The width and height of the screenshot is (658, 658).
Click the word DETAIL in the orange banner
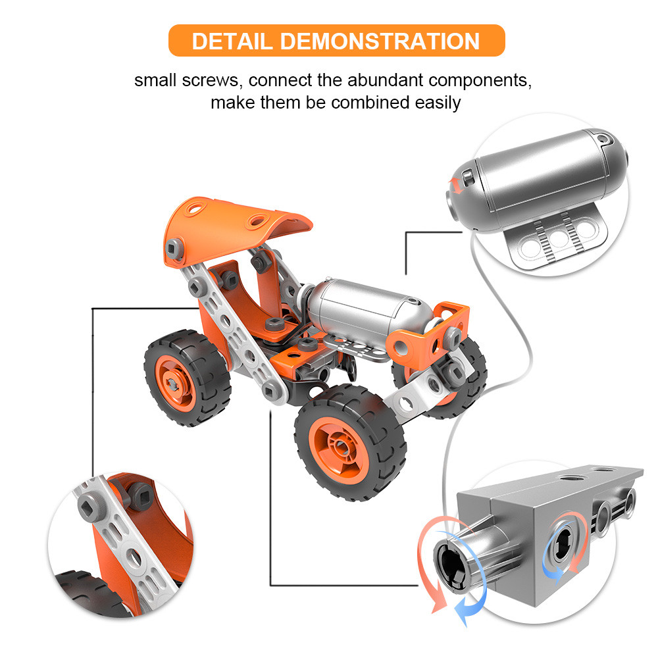point(232,41)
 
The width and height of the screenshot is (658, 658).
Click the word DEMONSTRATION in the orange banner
point(380,41)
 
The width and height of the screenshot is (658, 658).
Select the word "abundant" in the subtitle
point(385,80)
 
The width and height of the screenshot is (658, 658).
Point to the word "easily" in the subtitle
point(438,103)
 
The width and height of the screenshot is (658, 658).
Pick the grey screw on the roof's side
point(174,249)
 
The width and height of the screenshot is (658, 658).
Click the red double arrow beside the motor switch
point(455,186)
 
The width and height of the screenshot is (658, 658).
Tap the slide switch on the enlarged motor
point(468,178)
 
